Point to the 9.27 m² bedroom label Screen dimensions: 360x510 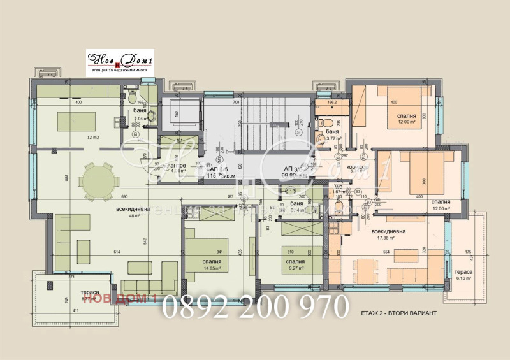[x=295, y=265]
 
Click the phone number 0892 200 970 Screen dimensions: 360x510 [x=255, y=308]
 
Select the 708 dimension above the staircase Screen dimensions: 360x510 [x=235, y=101]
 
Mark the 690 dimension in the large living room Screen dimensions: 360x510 [x=125, y=196]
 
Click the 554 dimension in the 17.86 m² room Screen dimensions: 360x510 [x=386, y=253]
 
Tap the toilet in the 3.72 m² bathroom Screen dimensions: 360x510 [x=324, y=123]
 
